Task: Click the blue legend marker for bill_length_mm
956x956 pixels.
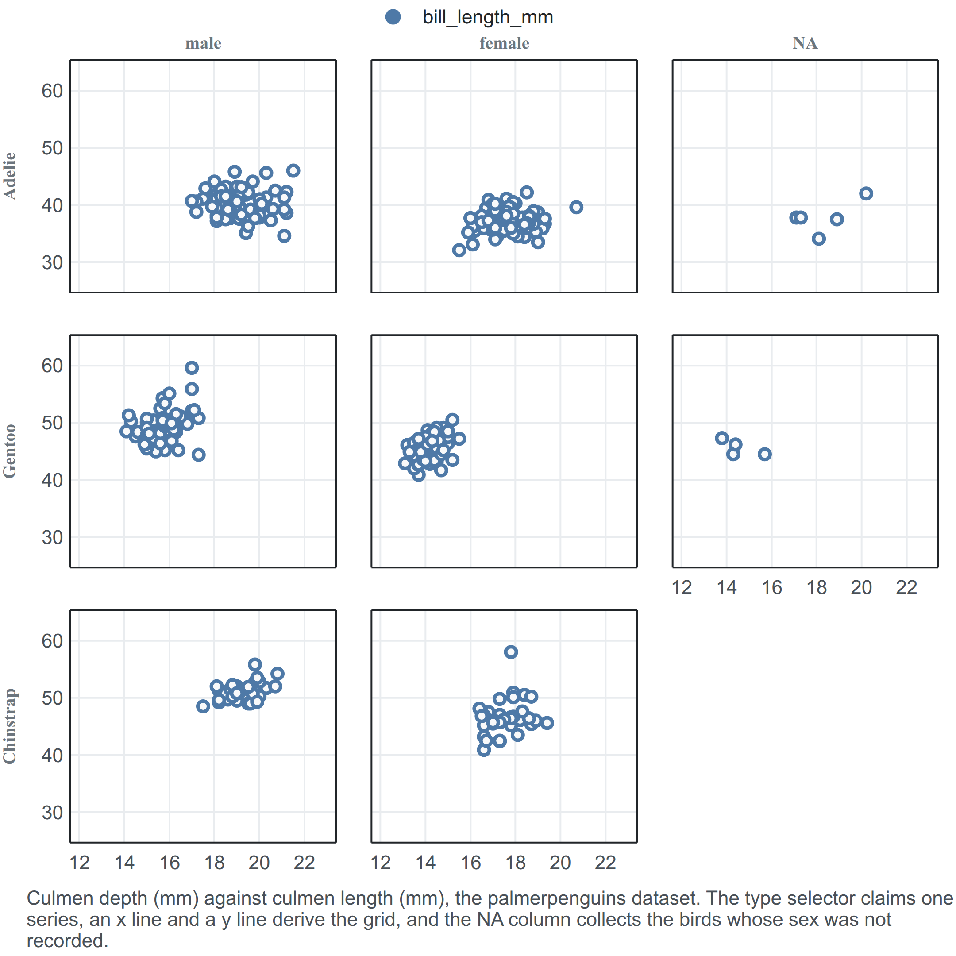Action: pos(393,17)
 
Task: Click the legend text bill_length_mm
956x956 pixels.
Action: pos(487,17)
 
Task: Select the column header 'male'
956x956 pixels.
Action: pos(204,43)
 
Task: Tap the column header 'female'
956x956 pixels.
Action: pos(504,43)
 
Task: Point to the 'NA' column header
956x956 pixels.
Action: pos(805,43)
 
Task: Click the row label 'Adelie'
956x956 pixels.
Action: pos(10,176)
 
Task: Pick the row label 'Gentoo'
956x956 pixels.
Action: pos(10,451)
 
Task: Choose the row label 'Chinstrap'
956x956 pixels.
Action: pos(10,726)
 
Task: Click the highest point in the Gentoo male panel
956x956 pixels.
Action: pos(192,368)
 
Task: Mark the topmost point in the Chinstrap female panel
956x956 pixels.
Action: pos(511,651)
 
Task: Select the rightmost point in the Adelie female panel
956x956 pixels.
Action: pos(576,207)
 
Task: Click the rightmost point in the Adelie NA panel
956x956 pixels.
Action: pos(866,193)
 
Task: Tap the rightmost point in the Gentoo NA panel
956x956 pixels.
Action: pos(765,454)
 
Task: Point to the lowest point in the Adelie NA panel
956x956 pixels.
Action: pos(819,239)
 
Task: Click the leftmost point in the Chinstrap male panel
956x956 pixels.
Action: pos(203,706)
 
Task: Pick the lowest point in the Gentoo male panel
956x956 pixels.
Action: pos(198,455)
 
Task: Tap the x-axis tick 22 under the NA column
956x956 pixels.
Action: pos(906,587)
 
